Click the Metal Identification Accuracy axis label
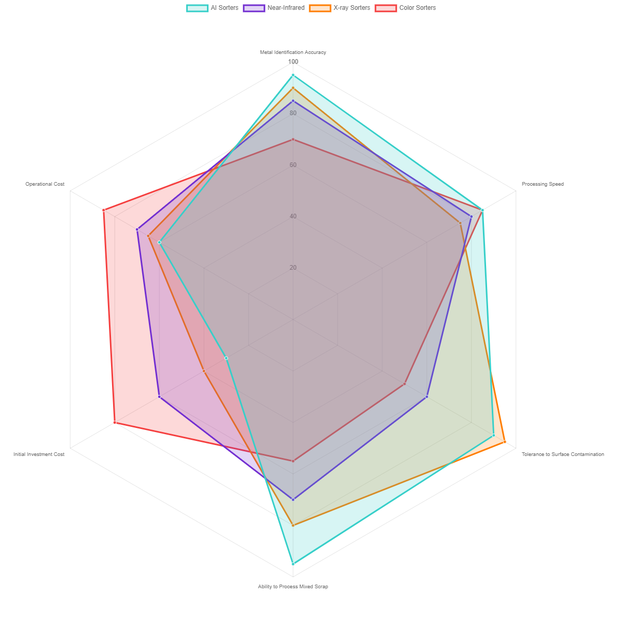(293, 52)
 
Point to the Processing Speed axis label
(542, 184)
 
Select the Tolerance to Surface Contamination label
(562, 454)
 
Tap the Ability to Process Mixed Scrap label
(293, 587)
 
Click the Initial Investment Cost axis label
(39, 454)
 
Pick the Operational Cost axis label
(45, 184)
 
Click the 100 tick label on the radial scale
(293, 62)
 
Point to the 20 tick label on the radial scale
(293, 268)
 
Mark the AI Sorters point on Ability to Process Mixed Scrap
(293, 564)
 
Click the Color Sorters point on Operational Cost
(104, 210)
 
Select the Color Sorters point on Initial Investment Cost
(115, 423)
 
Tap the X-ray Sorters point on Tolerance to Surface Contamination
(505, 442)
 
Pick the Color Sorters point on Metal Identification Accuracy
(293, 140)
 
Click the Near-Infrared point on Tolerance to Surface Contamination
(427, 397)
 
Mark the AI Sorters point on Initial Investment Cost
(226, 358)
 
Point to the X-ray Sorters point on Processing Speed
(460, 223)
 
